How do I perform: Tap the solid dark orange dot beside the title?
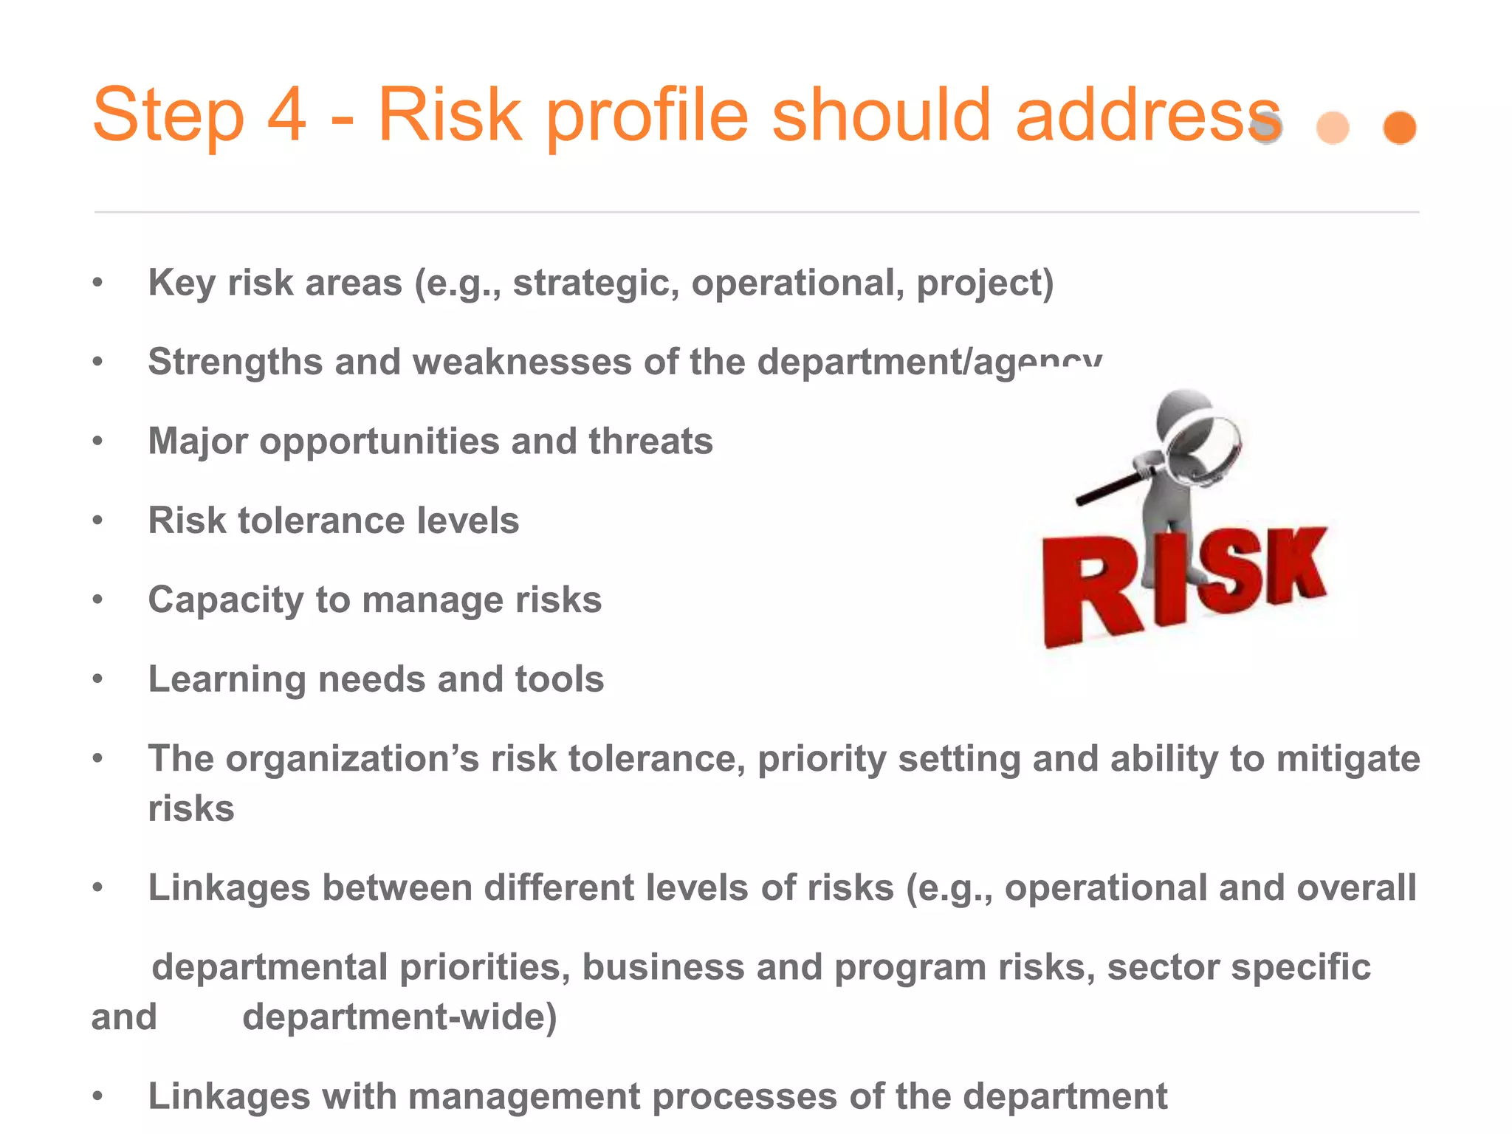point(1399,128)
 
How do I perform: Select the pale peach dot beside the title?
point(1333,128)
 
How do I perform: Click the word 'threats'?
point(650,441)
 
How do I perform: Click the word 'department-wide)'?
point(399,1017)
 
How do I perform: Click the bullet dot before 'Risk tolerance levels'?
point(97,520)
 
